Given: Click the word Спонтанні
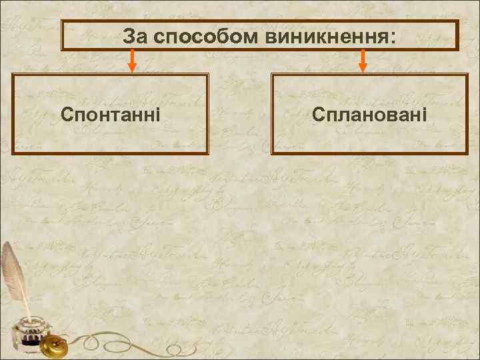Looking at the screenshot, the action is [110, 113].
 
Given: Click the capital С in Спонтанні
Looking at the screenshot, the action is [67, 113].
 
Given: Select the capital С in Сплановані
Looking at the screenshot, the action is [318, 113].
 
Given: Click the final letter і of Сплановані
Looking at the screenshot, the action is [424, 113].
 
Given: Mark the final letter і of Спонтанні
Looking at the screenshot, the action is [157, 113].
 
